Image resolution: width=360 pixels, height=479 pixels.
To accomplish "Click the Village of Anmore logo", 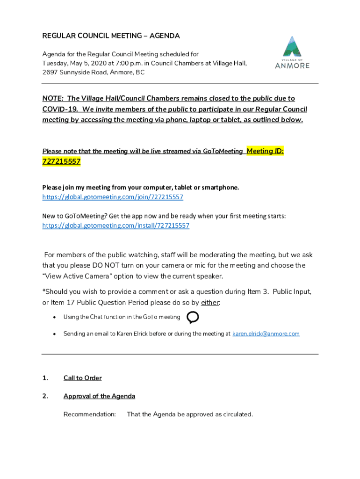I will [292, 52].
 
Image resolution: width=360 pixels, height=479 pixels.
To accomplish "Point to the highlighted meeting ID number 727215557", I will [61, 161].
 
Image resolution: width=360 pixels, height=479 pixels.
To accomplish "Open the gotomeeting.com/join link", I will [113, 197].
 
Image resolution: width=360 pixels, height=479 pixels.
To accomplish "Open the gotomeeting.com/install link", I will [115, 225].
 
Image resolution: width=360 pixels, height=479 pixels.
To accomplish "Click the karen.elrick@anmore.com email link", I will [266, 334].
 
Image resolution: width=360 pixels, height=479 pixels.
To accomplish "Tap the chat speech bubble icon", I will [193, 318].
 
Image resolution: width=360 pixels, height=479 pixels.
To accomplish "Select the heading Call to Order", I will [82, 378].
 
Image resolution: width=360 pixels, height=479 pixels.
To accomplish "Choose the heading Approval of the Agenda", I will [99, 396].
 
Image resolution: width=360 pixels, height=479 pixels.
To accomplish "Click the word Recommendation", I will [89, 414].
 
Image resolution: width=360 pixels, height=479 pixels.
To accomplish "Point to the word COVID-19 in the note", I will [59, 109].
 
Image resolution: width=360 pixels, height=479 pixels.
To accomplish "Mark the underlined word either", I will [209, 303].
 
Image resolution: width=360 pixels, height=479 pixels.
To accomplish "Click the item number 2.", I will [45, 396].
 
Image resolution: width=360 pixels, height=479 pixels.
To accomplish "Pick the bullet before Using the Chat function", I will [54, 317].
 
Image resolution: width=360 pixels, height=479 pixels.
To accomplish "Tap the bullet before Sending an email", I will [54, 334].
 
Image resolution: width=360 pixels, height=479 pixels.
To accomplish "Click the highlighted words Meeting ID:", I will [265, 151].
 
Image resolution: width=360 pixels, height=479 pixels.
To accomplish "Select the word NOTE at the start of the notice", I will [52, 98].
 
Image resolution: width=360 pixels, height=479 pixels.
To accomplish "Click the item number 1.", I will [45, 378].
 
